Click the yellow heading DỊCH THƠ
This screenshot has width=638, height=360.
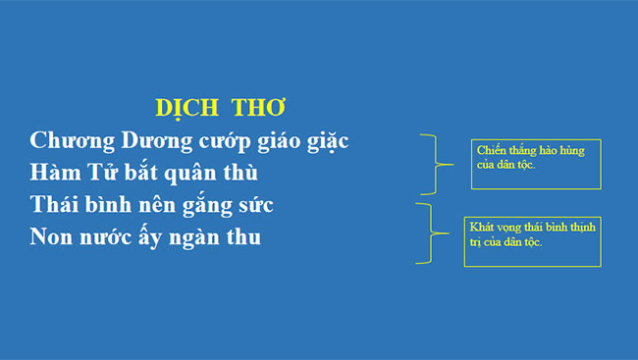[221, 106]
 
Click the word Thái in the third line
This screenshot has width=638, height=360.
[57, 206]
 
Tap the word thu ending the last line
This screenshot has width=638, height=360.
[245, 238]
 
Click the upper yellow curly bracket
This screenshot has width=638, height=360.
[431, 164]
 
